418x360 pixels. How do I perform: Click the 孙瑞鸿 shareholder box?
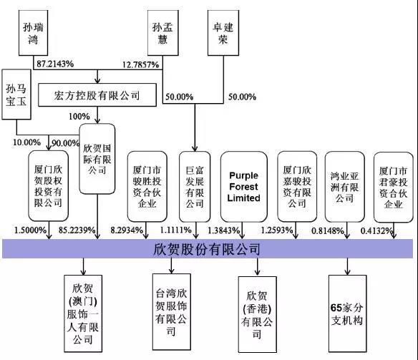pos(34,33)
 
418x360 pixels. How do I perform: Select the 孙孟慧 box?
pos(163,33)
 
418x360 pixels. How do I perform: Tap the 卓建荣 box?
pos(223,33)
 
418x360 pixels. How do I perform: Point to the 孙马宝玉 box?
pos(16,94)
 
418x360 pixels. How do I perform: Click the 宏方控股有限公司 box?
pos(97,95)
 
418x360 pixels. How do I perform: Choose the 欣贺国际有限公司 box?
pos(97,159)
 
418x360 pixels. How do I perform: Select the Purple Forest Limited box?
pos(243,187)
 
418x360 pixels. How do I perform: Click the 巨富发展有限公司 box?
pos(195,187)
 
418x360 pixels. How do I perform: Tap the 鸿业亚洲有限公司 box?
pos(345,187)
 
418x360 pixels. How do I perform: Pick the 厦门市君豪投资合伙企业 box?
pos(394,188)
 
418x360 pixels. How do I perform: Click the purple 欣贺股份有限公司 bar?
pos(208,248)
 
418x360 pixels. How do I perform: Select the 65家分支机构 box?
pos(347,313)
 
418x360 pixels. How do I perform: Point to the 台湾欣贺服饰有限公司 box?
pos(172,312)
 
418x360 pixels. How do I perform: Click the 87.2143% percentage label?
pos(55,64)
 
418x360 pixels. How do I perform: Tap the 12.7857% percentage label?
pos(141,64)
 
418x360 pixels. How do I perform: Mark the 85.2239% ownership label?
pos(77,230)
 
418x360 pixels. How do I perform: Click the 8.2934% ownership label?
pos(127,230)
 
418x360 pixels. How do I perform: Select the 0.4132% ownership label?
pos(377,230)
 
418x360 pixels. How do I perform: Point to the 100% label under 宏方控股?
pos(79,117)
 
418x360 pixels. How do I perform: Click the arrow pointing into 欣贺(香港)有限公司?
pos(257,266)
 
